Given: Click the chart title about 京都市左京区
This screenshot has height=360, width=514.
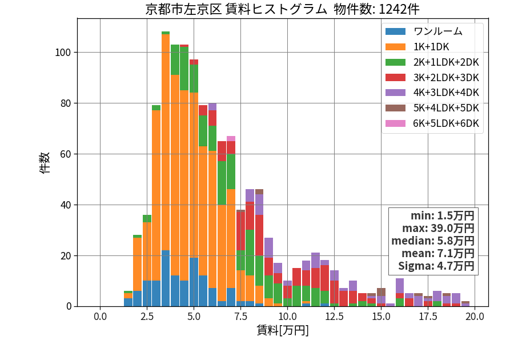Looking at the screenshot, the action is point(282,9).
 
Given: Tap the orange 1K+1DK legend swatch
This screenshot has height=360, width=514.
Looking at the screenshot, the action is point(395,47).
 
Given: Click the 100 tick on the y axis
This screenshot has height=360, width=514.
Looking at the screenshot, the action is point(63,53).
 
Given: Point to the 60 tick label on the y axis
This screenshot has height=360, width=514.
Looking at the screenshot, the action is point(66,154).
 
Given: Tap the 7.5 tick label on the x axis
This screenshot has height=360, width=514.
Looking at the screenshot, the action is point(240,317).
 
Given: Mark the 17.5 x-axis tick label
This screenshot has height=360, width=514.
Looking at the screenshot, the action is point(428,317).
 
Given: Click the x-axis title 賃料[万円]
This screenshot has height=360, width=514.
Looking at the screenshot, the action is point(283,330).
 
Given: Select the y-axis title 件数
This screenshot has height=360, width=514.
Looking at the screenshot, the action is point(45,163).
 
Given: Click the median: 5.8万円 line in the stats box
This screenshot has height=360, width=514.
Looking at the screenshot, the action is point(433,241).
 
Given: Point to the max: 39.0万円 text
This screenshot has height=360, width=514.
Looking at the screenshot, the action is point(438,229).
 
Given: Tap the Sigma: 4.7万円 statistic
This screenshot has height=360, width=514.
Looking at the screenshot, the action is point(436,266).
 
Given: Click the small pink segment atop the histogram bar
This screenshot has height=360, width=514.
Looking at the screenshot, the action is point(231,139).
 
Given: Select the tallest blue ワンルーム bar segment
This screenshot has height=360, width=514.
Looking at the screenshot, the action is point(166,278).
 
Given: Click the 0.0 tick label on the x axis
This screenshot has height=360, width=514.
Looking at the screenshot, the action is point(100,317).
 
